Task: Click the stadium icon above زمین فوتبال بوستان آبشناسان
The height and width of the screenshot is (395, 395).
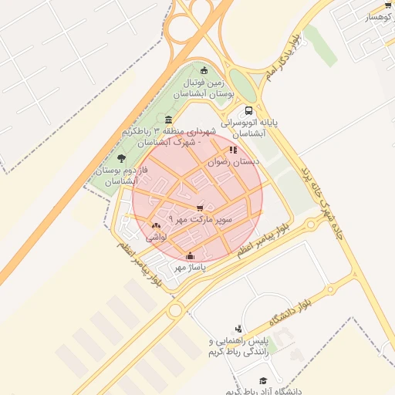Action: coord(204,70)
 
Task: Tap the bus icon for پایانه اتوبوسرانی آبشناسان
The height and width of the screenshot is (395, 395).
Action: coord(248,111)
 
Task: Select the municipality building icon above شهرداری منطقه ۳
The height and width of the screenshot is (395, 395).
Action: coord(168,120)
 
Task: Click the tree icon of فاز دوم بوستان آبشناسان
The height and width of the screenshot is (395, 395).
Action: coord(121,158)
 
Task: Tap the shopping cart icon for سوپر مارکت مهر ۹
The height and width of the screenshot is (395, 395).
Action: coord(201,208)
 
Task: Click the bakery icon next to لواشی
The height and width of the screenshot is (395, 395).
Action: coord(157,225)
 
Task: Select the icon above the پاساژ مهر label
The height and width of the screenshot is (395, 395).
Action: coord(191,256)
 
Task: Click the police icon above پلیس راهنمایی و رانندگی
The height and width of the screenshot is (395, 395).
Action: coord(238,329)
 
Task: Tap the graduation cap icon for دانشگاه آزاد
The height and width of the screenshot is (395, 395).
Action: coord(263,381)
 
